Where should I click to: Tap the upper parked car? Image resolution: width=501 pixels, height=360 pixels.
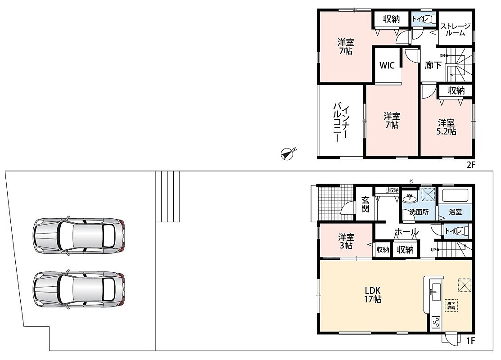(79, 236)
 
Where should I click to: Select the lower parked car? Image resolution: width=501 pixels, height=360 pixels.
(79, 290)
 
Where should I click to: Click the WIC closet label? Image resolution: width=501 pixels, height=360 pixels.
(387, 66)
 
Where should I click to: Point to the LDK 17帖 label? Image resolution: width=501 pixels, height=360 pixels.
(373, 295)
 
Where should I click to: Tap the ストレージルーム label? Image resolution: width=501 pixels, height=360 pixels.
(455, 29)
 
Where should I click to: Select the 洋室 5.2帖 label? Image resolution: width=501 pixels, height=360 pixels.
(447, 127)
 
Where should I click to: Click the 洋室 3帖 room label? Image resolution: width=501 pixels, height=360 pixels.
(346, 242)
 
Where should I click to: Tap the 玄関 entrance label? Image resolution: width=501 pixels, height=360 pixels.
(365, 204)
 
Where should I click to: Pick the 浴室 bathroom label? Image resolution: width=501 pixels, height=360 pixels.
(455, 212)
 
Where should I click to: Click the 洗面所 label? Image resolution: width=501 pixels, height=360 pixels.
(419, 212)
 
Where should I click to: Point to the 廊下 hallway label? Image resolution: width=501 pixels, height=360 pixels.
(433, 66)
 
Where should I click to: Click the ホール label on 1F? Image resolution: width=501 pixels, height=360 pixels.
(406, 232)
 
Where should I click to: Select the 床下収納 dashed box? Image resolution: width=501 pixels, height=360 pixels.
(451, 306)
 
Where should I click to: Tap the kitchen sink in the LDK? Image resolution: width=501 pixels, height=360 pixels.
(435, 292)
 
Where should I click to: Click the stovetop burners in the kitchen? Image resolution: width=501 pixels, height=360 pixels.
(435, 322)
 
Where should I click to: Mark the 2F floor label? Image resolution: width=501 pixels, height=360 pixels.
(471, 165)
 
